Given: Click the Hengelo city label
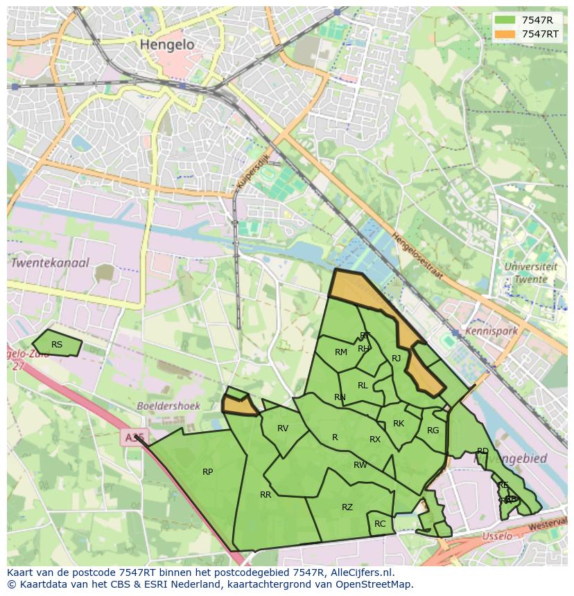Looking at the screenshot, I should pyautogui.click(x=167, y=44).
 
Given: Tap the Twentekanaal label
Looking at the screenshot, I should pyautogui.click(x=50, y=263).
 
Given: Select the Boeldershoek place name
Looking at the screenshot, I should pyautogui.click(x=168, y=406).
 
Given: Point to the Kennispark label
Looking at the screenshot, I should pyautogui.click(x=492, y=331).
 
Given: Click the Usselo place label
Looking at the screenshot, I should pyautogui.click(x=496, y=536).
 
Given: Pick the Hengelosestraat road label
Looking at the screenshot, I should pyautogui.click(x=417, y=255).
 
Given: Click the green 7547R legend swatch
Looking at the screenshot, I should pyautogui.click(x=505, y=20).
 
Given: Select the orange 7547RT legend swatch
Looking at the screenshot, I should pyautogui.click(x=505, y=33).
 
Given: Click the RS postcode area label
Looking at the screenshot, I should pyautogui.click(x=57, y=344).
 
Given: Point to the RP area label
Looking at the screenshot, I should pyautogui.click(x=207, y=472).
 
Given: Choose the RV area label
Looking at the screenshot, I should pyautogui.click(x=283, y=428).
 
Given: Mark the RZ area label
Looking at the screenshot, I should pyautogui.click(x=347, y=507).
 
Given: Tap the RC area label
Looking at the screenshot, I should pyautogui.click(x=380, y=524).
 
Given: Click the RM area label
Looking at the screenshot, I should pyautogui.click(x=341, y=352).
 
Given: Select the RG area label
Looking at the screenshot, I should pyautogui.click(x=433, y=431).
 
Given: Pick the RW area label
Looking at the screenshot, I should pyautogui.click(x=360, y=465).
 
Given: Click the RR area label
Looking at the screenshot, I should pyautogui.click(x=266, y=495).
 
